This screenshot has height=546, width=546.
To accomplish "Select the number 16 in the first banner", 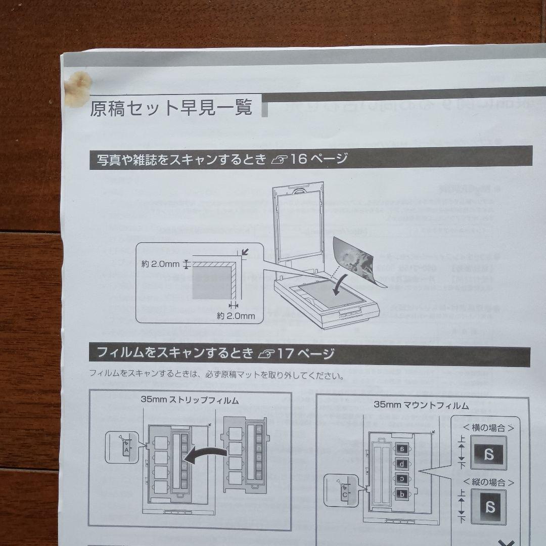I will click(x=299, y=159).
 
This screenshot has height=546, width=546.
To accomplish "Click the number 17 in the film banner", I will click(x=286, y=353).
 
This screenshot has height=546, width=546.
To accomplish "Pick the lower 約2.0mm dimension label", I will click(x=236, y=316).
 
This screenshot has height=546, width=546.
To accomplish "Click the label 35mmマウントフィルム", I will click(x=421, y=405).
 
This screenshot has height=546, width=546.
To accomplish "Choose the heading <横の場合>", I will click(x=484, y=428).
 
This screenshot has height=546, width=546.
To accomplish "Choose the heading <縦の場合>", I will click(x=484, y=482).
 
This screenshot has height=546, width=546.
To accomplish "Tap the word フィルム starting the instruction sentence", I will click(x=104, y=376).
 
